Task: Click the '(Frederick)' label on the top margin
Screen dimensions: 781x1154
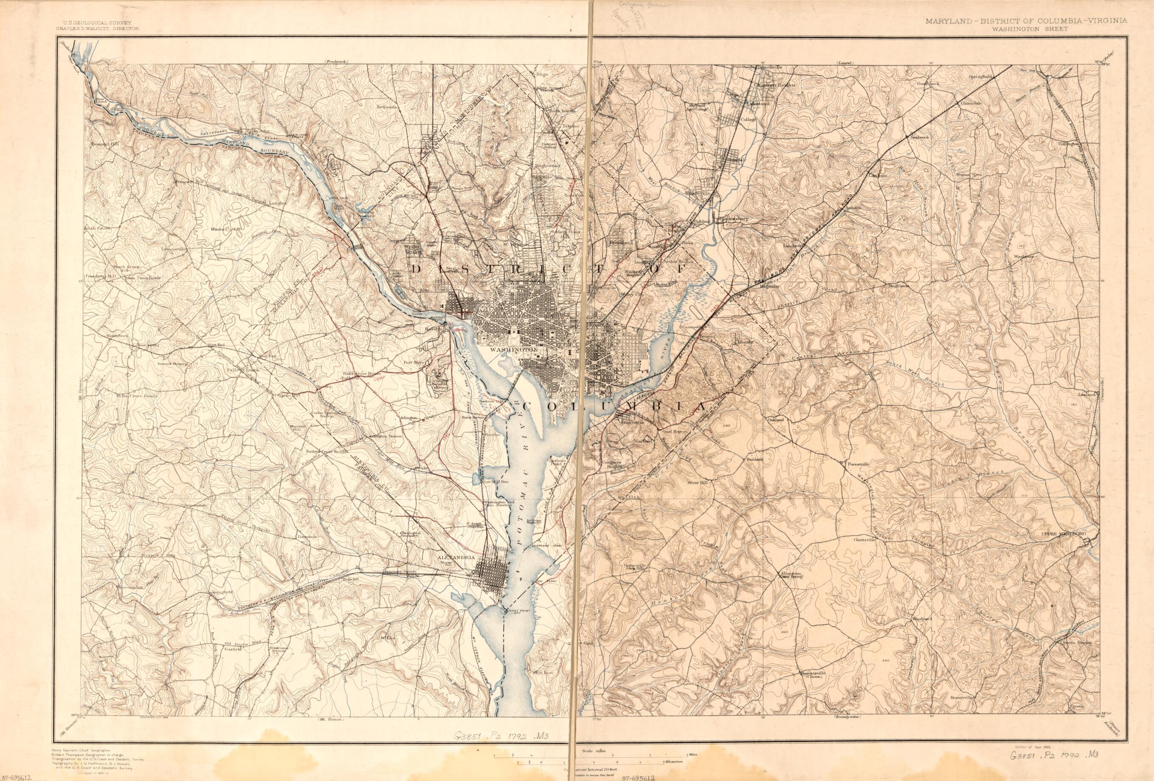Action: click(337, 61)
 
